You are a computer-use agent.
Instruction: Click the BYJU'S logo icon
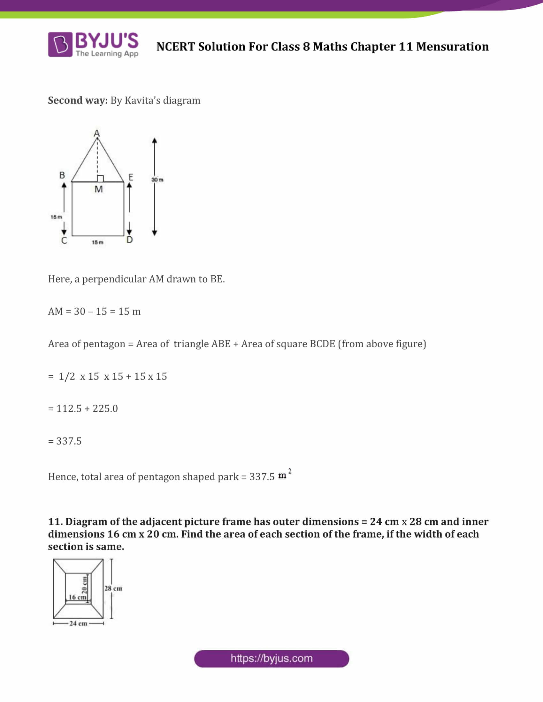tap(60, 44)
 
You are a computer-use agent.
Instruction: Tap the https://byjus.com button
tap(271, 659)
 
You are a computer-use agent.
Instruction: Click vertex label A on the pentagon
tap(97, 133)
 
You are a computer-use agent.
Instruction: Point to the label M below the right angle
tap(98, 189)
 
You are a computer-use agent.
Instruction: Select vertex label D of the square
tap(130, 240)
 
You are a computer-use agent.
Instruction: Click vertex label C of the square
tap(64, 240)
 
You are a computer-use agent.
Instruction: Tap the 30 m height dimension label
tap(157, 180)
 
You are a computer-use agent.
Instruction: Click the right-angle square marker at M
tap(100, 179)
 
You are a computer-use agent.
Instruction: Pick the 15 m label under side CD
tap(97, 243)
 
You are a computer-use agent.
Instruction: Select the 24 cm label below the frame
tap(78, 624)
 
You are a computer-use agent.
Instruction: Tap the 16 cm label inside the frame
tap(77, 597)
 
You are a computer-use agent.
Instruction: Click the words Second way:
tap(78, 100)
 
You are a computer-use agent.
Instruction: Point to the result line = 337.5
tap(65, 441)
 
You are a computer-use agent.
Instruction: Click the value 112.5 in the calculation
tap(69, 408)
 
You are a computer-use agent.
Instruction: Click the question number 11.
tap(55, 521)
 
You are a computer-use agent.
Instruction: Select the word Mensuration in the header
tap(452, 47)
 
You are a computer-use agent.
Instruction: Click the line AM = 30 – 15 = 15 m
tap(94, 311)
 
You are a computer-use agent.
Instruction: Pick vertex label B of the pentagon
tap(62, 175)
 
